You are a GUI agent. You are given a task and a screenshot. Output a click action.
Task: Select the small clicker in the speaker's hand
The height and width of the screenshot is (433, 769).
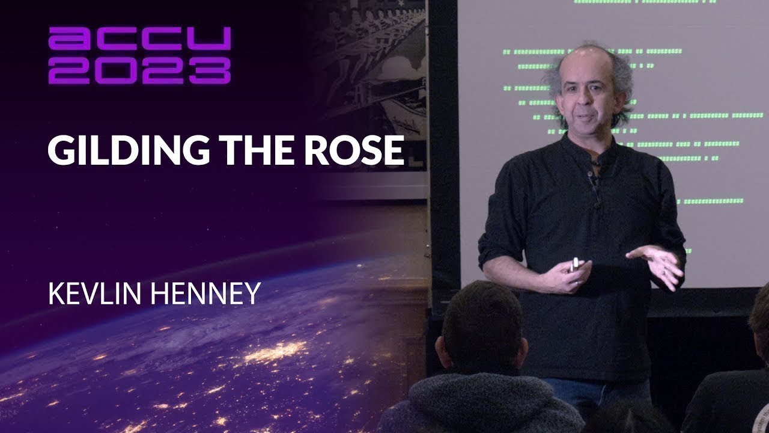(574, 263)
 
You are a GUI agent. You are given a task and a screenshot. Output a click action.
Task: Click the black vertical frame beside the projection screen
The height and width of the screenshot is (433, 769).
(444, 150)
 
